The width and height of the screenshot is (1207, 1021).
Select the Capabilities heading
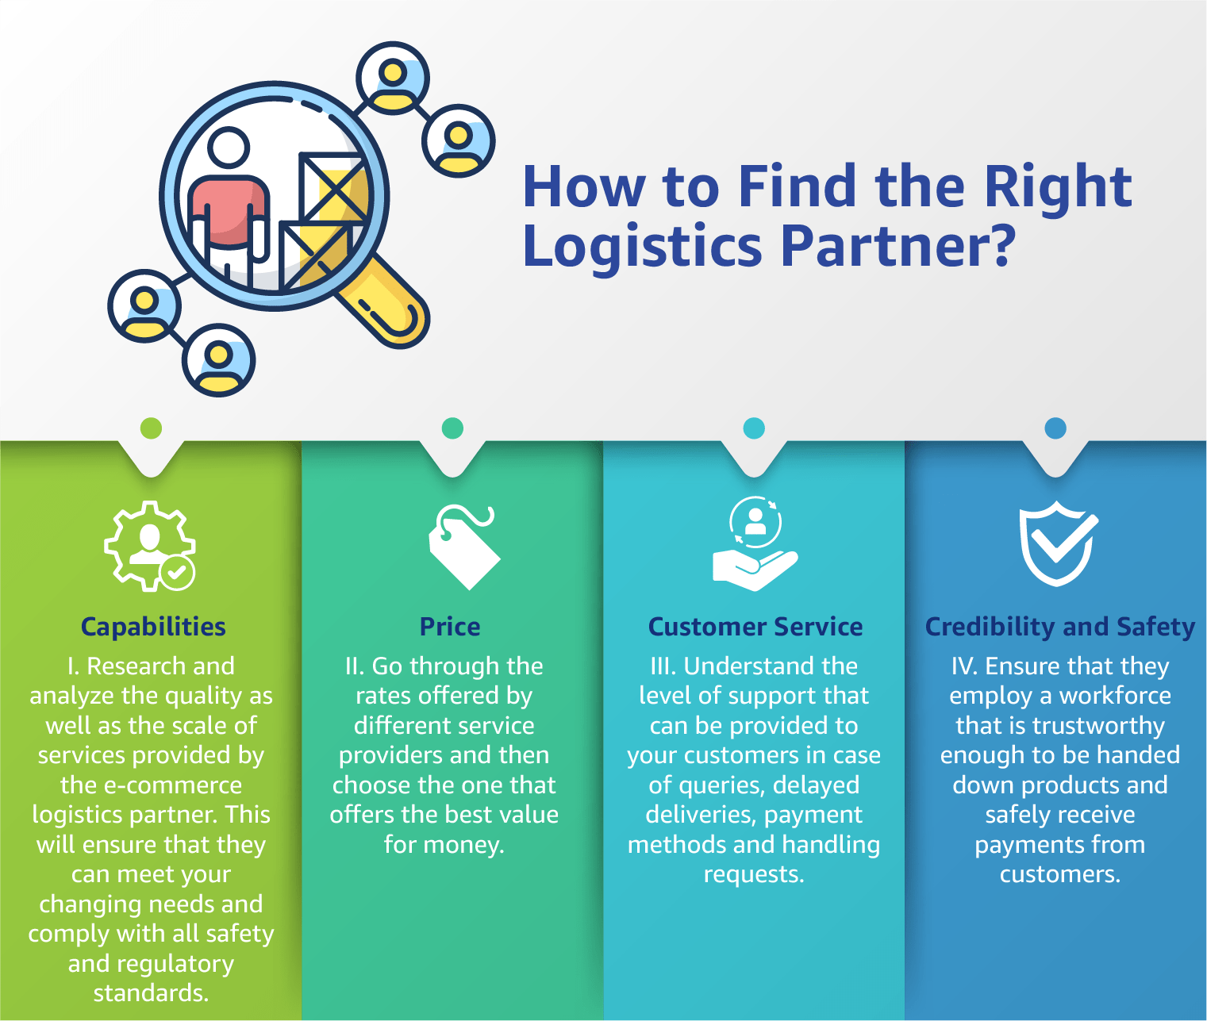(x=153, y=627)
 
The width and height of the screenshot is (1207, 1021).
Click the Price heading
(x=450, y=627)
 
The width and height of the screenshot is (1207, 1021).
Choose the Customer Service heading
(x=755, y=627)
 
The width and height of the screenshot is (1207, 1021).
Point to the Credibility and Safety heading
(x=1060, y=627)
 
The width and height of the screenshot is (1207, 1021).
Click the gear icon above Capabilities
(x=149, y=546)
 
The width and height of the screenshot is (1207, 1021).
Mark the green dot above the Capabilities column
(x=151, y=428)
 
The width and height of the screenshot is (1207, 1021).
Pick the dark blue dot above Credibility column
(x=1055, y=428)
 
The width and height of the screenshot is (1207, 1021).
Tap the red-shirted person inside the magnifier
(x=228, y=206)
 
